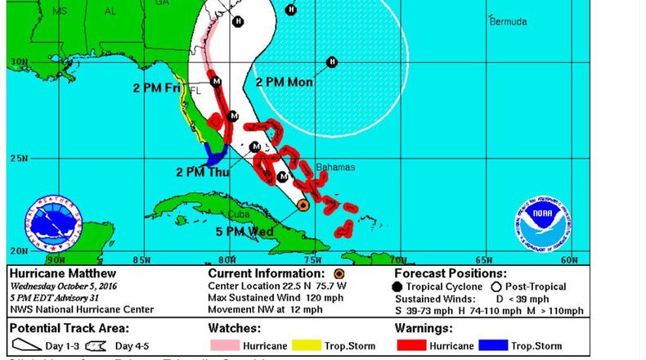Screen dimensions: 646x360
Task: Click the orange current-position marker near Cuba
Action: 303,205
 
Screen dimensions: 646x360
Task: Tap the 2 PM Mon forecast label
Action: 284,82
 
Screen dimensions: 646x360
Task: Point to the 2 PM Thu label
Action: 203,172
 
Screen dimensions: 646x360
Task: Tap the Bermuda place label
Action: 508,22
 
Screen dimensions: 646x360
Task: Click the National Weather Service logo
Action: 54,222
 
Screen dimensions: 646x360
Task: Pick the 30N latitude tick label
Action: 17,62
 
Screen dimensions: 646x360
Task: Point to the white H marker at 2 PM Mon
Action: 332,62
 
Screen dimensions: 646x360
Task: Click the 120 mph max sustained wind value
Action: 334,298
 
